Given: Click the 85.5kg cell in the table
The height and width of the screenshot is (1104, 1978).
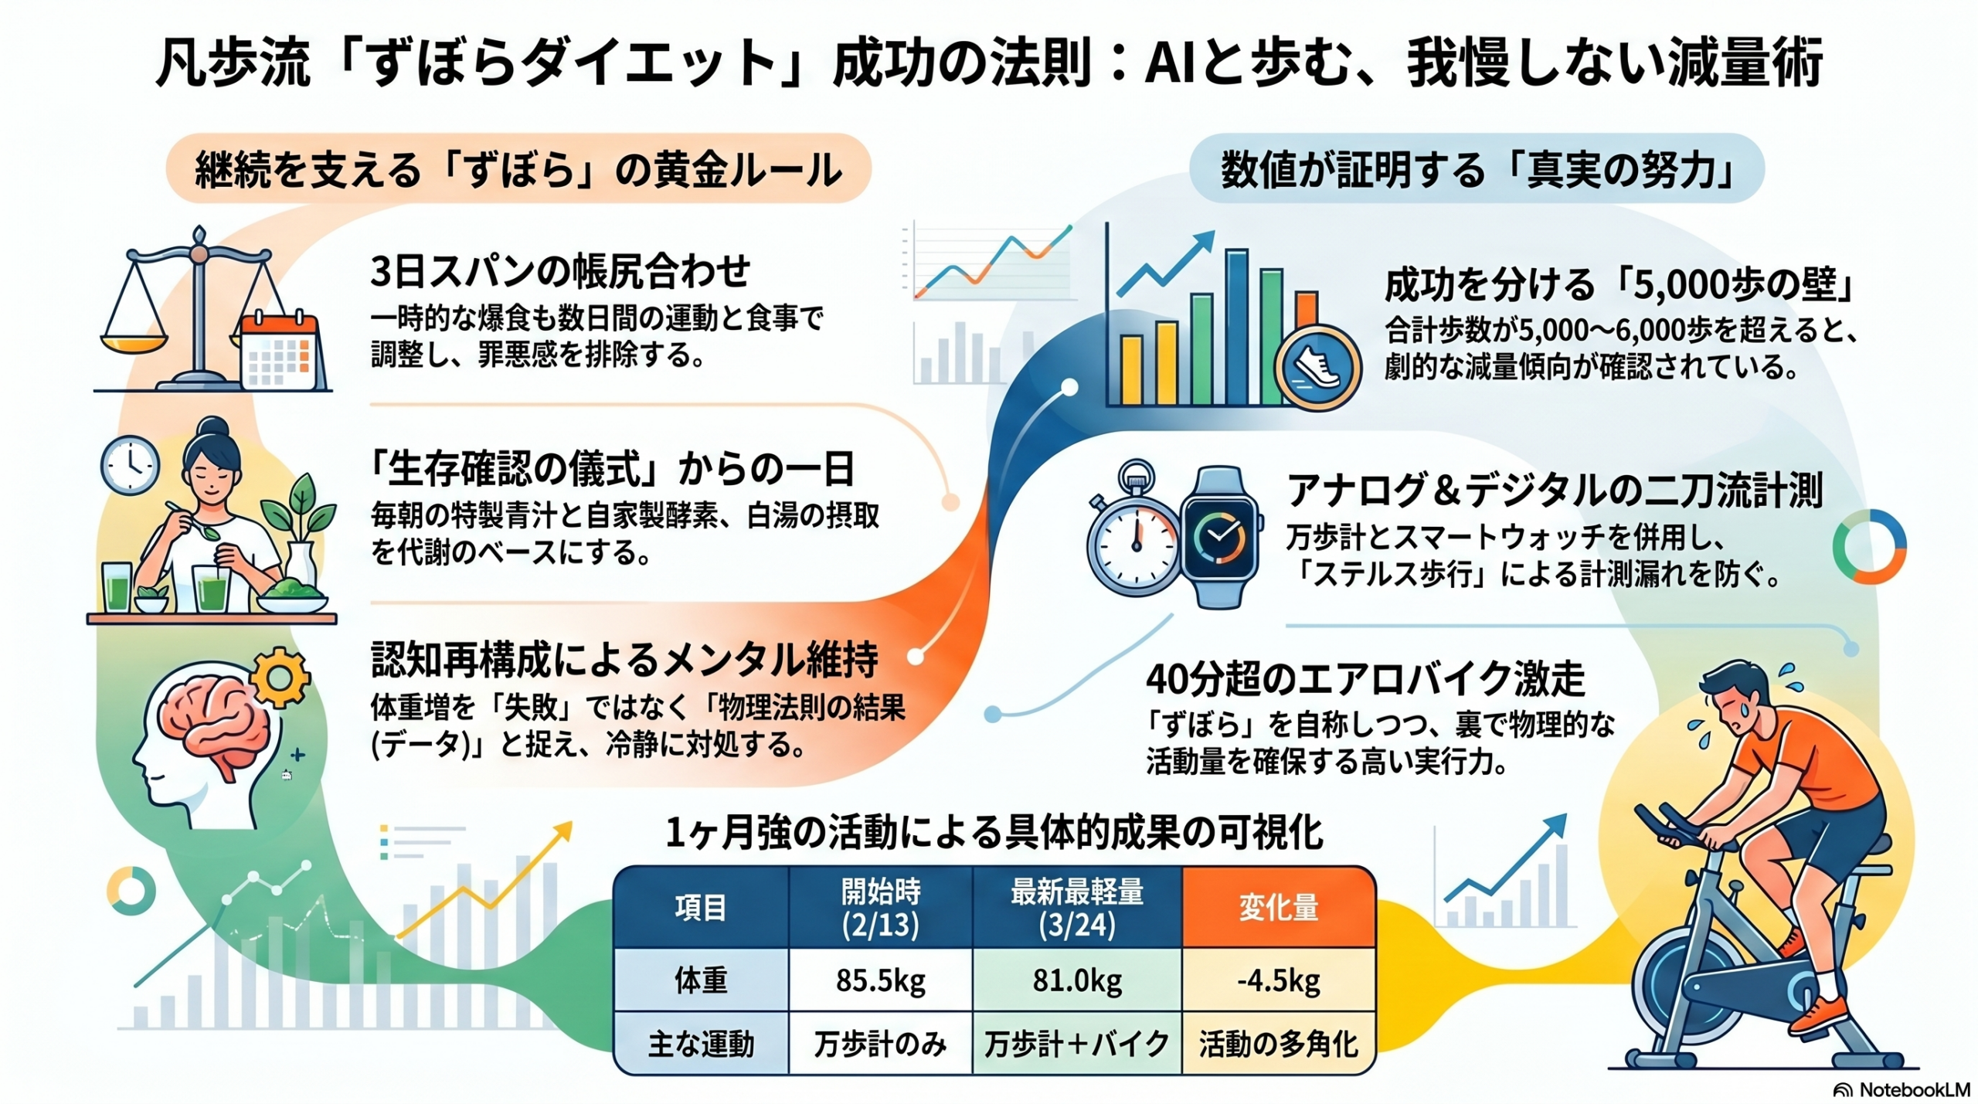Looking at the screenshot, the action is pyautogui.click(x=880, y=980).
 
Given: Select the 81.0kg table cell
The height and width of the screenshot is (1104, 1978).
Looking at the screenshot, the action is pyautogui.click(x=1077, y=980).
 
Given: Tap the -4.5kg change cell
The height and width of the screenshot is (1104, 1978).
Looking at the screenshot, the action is pyautogui.click(x=1279, y=980).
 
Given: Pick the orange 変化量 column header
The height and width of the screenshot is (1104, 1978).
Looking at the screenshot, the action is pyautogui.click(x=1279, y=907).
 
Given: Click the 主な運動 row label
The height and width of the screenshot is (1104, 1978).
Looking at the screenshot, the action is pyautogui.click(x=701, y=1044).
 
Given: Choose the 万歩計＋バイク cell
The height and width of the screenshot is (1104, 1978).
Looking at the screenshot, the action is pyautogui.click(x=1077, y=1044).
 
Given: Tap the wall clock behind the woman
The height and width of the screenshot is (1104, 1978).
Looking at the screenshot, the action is pyautogui.click(x=130, y=465).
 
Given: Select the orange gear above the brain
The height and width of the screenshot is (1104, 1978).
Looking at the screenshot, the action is pyautogui.click(x=279, y=678).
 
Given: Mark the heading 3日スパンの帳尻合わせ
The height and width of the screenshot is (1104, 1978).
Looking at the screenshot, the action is pyautogui.click(x=560, y=271).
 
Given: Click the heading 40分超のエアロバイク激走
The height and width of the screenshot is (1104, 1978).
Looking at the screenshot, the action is pyautogui.click(x=1365, y=679).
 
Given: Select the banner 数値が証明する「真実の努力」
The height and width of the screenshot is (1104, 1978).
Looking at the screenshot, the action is pyautogui.click(x=1477, y=169).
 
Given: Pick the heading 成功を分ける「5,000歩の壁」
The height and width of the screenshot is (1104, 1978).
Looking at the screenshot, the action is pyautogui.click(x=1619, y=284).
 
